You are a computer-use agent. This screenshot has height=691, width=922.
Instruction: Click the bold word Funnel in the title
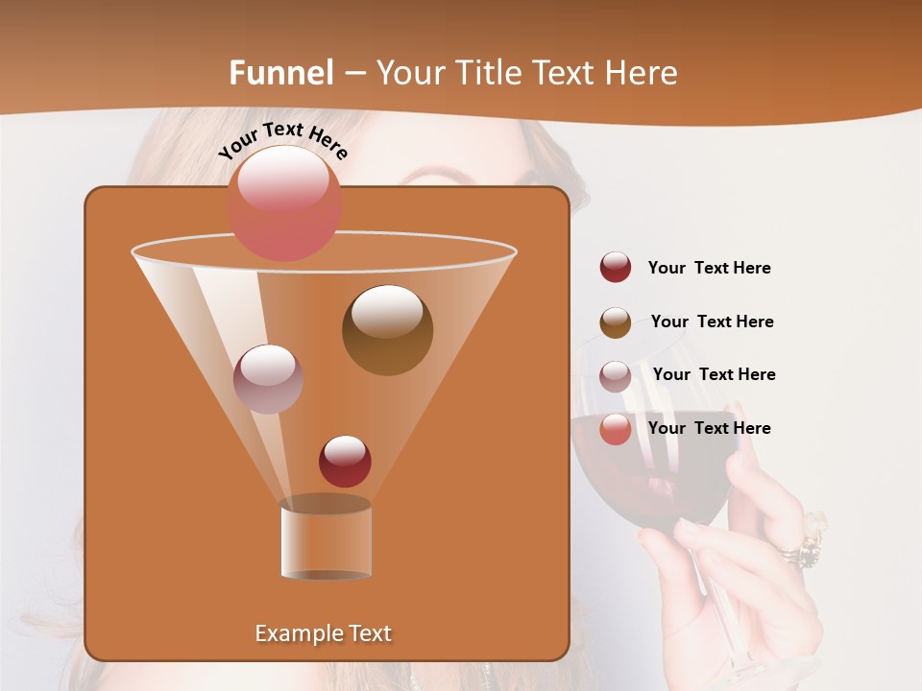coord(281,73)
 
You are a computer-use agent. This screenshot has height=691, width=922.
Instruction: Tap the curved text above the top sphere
coord(282,140)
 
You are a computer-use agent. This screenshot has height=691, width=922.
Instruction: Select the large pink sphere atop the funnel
coord(284,203)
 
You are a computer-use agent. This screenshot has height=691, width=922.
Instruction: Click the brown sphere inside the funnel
coord(387,330)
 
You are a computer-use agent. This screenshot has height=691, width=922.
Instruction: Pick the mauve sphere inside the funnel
coord(268,379)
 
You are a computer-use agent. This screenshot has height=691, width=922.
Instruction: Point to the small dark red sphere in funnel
coord(345,462)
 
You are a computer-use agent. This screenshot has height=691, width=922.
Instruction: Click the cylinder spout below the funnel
coord(326,540)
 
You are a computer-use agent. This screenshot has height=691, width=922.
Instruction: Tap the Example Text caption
coord(323,633)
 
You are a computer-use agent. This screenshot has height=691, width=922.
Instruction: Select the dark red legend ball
coord(616,268)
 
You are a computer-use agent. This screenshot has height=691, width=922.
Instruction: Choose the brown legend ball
coord(616,322)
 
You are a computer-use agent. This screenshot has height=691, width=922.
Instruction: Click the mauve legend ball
coord(616,375)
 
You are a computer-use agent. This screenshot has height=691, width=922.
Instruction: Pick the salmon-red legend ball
coord(616,429)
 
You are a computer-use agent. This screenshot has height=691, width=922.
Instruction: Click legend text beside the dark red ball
coord(709,269)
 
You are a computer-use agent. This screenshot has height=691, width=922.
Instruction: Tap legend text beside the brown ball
coord(712,322)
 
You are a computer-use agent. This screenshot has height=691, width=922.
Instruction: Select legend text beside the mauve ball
coord(714,375)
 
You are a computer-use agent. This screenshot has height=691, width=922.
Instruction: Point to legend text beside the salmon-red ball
coord(709,429)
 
